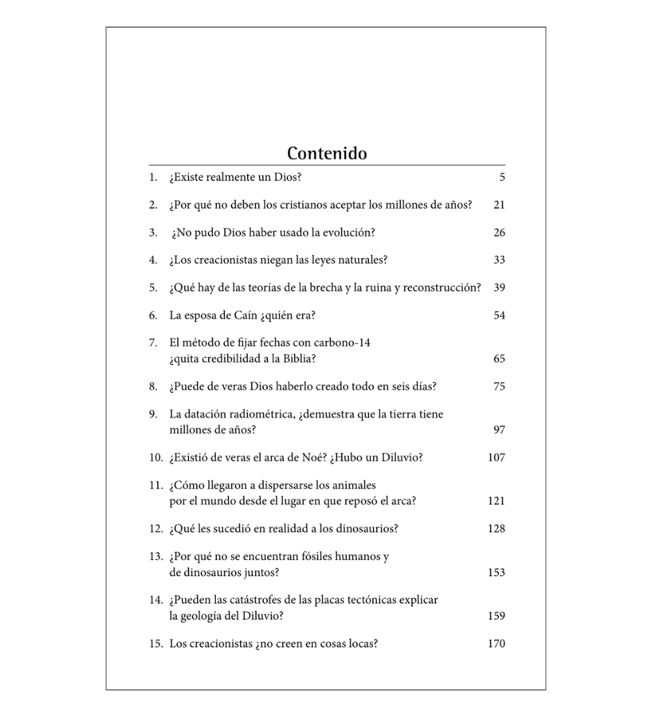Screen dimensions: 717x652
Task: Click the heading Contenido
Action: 327,153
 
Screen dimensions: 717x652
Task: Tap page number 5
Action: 502,177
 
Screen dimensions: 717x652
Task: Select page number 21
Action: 499,205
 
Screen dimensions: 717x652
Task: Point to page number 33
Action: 499,260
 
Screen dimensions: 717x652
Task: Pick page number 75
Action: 499,387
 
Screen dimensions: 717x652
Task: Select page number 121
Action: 496,501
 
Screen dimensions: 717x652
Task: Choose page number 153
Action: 496,573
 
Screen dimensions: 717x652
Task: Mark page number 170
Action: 496,644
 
